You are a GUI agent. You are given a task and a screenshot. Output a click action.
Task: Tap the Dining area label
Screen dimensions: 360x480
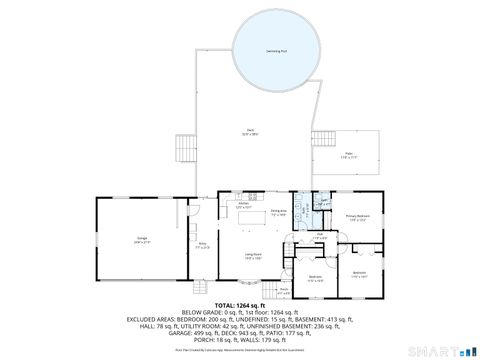click(x=280, y=212)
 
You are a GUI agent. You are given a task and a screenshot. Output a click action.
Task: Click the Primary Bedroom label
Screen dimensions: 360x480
click(x=357, y=215)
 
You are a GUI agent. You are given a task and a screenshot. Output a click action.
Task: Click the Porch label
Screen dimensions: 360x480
click(x=283, y=290)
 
